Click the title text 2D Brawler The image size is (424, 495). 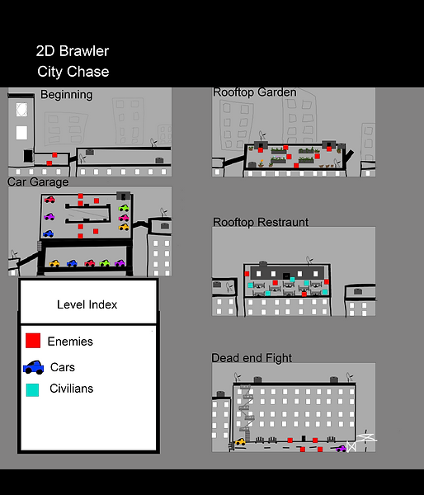point(73,51)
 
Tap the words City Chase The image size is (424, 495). point(73,72)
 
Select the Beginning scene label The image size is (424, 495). point(67,95)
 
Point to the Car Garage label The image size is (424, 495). point(38,181)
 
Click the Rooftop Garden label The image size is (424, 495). point(255,92)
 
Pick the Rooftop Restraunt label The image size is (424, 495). point(261,222)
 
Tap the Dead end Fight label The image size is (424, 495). point(252,358)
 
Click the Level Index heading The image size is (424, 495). point(87,304)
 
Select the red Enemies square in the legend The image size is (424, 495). point(33,341)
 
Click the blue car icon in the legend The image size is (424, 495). point(34,367)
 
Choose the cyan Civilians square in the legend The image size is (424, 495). point(32,390)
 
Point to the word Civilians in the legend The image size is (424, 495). point(71,389)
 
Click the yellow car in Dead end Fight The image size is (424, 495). point(240,441)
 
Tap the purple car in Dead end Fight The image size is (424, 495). point(341,448)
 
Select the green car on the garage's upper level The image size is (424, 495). point(124,208)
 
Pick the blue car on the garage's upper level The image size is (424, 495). point(49,233)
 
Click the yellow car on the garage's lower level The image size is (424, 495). point(54,263)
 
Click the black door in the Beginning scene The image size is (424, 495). point(28,156)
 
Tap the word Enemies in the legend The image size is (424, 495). point(70,342)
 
